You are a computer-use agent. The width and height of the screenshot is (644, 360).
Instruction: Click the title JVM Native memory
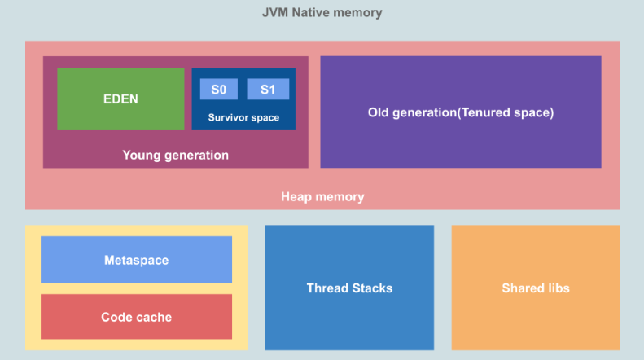tap(322, 13)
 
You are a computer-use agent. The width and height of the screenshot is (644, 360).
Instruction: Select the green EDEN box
tap(120, 99)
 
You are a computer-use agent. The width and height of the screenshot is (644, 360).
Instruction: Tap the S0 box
tap(218, 89)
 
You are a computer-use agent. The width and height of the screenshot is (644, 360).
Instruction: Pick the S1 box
tap(268, 89)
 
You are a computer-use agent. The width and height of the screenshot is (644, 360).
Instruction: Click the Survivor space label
tap(243, 117)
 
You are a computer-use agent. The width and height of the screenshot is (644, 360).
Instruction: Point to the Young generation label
tap(175, 155)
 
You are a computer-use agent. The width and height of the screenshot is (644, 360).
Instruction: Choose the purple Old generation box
tap(460, 112)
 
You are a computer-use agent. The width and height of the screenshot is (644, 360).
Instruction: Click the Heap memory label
tap(322, 197)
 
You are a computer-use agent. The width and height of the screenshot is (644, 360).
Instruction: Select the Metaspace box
tap(136, 260)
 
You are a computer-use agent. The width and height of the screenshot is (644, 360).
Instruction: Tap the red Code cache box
tap(136, 317)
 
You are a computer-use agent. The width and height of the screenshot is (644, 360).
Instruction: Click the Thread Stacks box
tap(349, 288)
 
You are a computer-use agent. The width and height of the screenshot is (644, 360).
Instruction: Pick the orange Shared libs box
tap(535, 288)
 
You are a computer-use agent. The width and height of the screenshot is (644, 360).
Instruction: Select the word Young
tap(139, 155)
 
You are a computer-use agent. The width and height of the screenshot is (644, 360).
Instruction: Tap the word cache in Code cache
tap(154, 317)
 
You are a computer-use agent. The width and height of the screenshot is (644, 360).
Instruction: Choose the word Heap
tap(296, 197)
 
